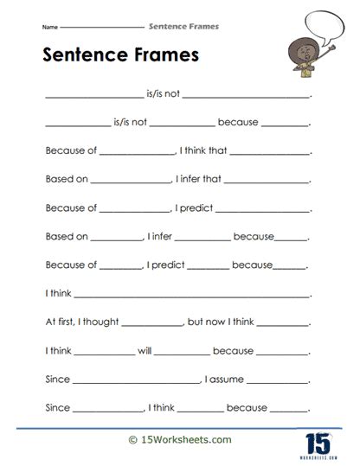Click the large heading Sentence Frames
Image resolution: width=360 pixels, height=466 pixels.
coord(121,55)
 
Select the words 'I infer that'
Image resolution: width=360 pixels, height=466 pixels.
coord(200,181)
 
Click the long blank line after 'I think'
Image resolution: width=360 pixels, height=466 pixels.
coord(191,297)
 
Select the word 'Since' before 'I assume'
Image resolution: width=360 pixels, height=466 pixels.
coord(56,380)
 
